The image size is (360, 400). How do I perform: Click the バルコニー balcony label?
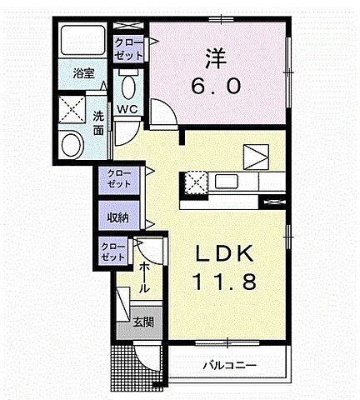coord(228,365)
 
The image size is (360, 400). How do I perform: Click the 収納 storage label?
coord(117,217)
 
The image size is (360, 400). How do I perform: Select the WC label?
coord(127,109)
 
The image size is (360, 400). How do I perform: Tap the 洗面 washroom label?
coord(99,122)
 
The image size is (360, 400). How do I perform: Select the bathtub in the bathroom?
coord(82,42)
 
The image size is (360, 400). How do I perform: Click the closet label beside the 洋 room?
coord(128,47)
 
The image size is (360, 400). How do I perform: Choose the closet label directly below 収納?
coord(112,252)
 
